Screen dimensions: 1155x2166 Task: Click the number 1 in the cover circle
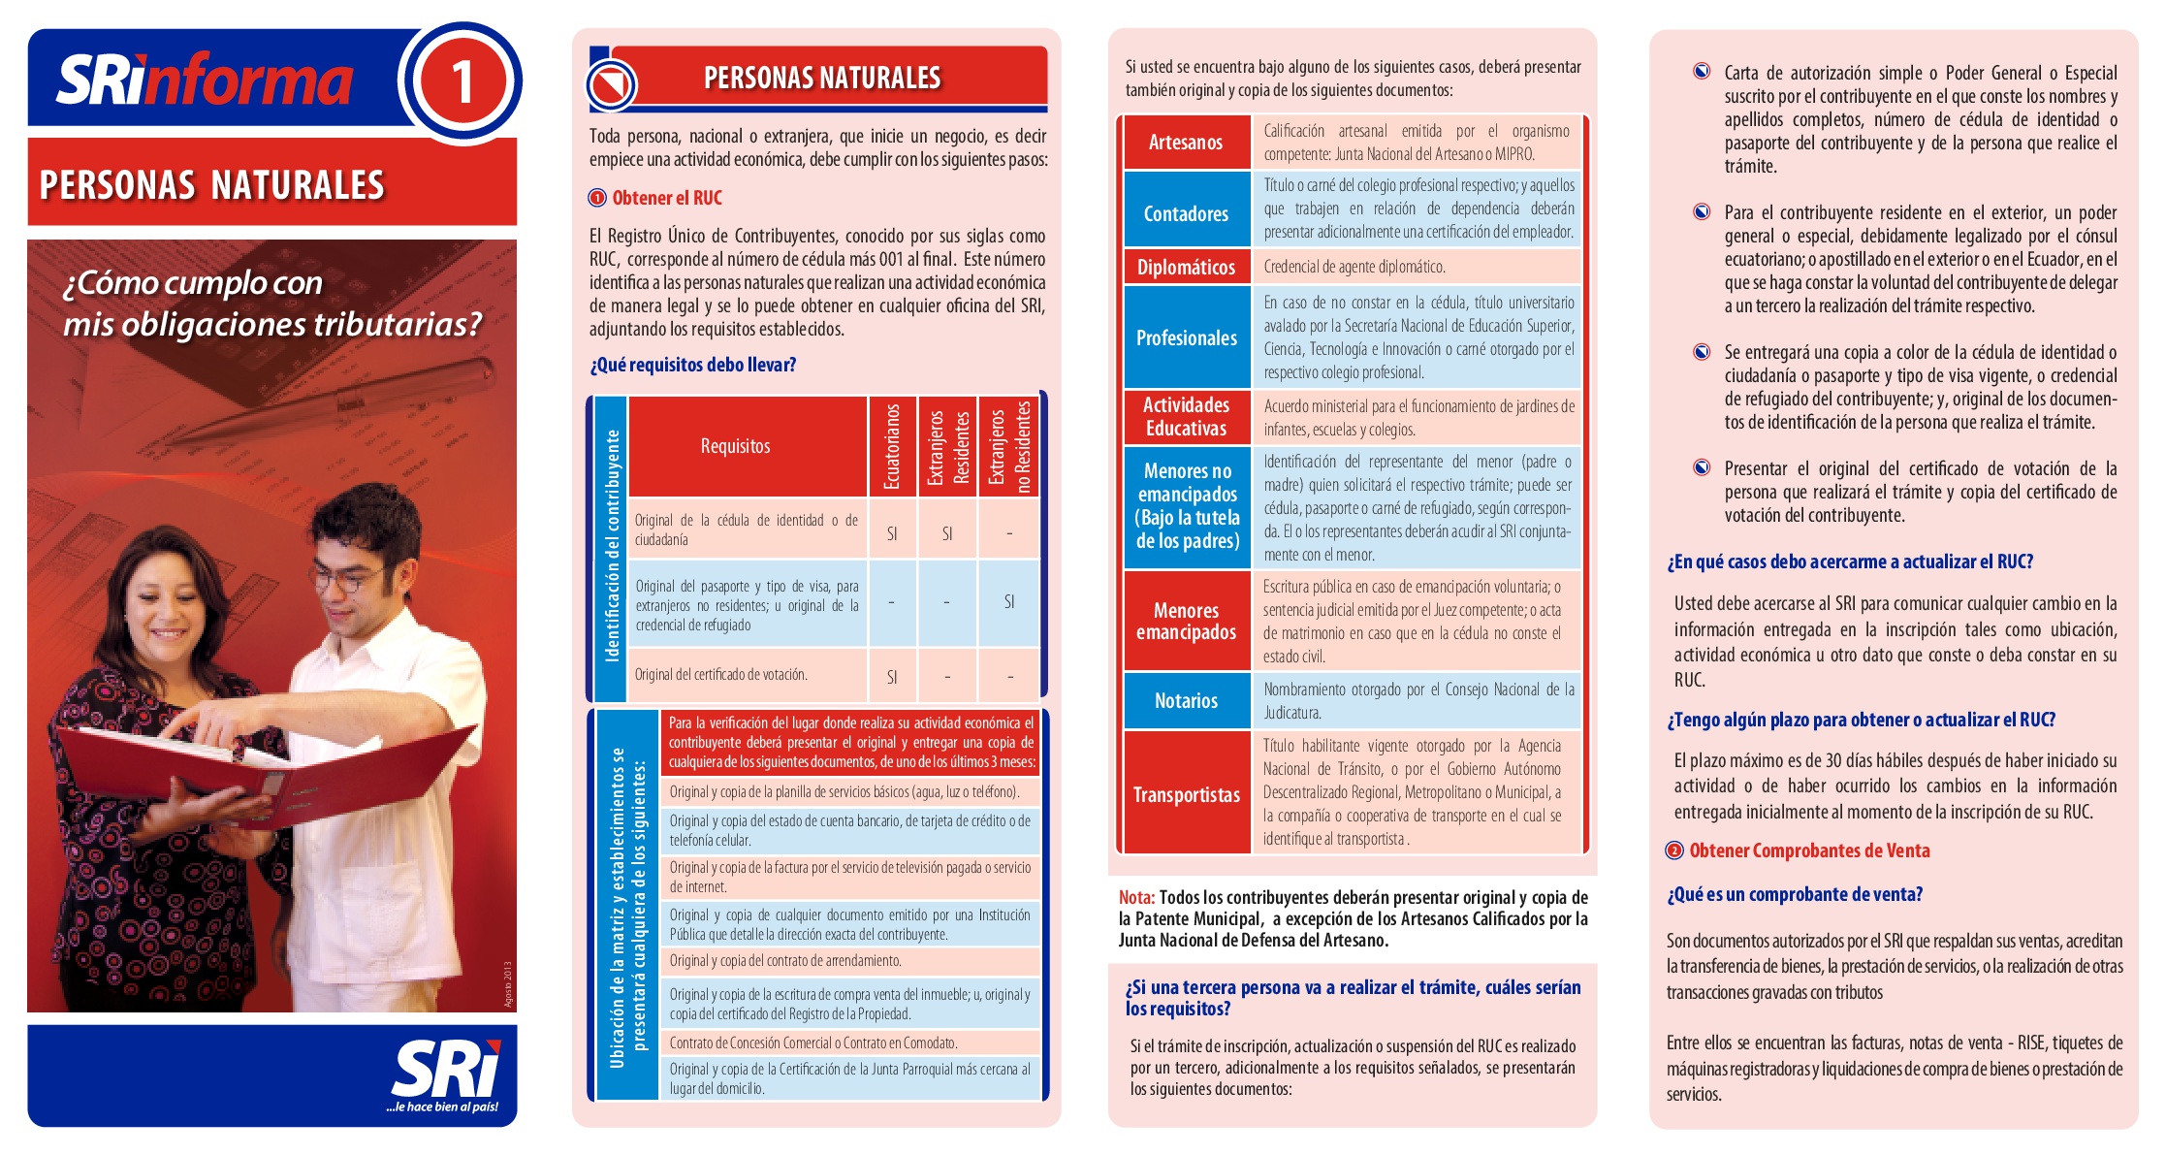tap(462, 81)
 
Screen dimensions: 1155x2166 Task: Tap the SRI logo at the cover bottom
tap(445, 1073)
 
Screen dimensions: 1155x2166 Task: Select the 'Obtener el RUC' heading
tap(666, 198)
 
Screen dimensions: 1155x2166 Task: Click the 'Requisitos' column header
tap(735, 446)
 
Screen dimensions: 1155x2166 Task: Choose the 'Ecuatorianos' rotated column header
tap(892, 446)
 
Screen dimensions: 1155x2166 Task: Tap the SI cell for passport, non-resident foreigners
tap(1008, 602)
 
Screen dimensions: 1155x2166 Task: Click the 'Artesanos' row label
tap(1185, 143)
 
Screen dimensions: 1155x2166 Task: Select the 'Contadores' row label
tap(1185, 213)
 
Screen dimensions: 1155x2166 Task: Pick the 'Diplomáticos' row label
tap(1185, 268)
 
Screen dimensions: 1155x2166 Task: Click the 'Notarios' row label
tap(1185, 700)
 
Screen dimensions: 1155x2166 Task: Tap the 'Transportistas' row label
tap(1186, 795)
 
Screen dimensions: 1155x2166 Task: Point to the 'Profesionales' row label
tap(1186, 337)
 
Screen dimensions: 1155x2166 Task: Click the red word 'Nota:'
tap(1136, 898)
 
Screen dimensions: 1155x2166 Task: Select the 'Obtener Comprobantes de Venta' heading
tap(1808, 850)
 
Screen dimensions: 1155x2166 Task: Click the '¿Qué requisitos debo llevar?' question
tap(692, 365)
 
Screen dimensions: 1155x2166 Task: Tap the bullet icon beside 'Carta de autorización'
tap(1702, 71)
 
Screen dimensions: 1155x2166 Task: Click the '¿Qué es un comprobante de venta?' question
tap(1794, 894)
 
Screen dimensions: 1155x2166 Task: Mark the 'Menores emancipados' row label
tap(1186, 622)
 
